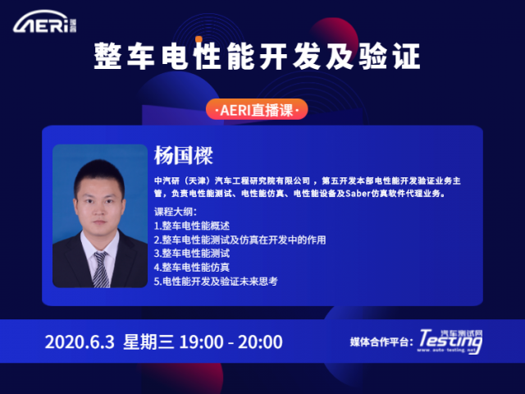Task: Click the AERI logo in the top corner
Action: click(x=45, y=22)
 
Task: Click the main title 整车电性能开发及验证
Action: click(x=257, y=56)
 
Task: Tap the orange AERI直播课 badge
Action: click(x=257, y=109)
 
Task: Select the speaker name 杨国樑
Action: click(x=184, y=155)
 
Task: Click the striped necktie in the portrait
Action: click(x=101, y=270)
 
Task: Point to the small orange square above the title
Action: click(x=199, y=39)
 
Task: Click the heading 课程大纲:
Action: click(x=175, y=212)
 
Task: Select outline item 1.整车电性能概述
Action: click(x=192, y=226)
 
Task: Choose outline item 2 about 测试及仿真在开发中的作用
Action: click(x=240, y=240)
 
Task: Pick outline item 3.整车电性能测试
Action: click(x=192, y=254)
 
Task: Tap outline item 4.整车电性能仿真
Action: click(x=192, y=267)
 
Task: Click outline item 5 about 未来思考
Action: click(x=216, y=281)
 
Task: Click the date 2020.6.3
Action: click(x=80, y=341)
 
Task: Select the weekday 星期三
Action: click(x=148, y=341)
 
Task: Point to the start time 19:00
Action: click(x=202, y=341)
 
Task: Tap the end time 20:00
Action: click(x=260, y=341)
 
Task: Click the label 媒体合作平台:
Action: click(x=381, y=341)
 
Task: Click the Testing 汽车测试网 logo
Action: click(x=450, y=341)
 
